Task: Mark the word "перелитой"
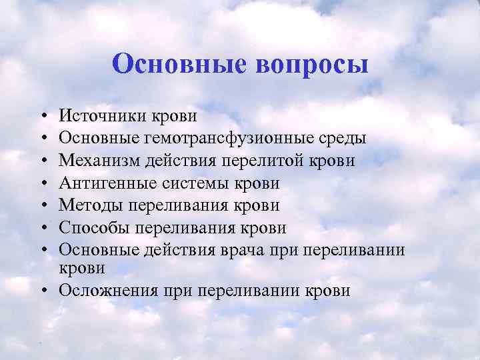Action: (x=283, y=161)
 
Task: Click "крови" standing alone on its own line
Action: (x=82, y=268)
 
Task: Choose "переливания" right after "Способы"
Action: (x=177, y=228)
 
